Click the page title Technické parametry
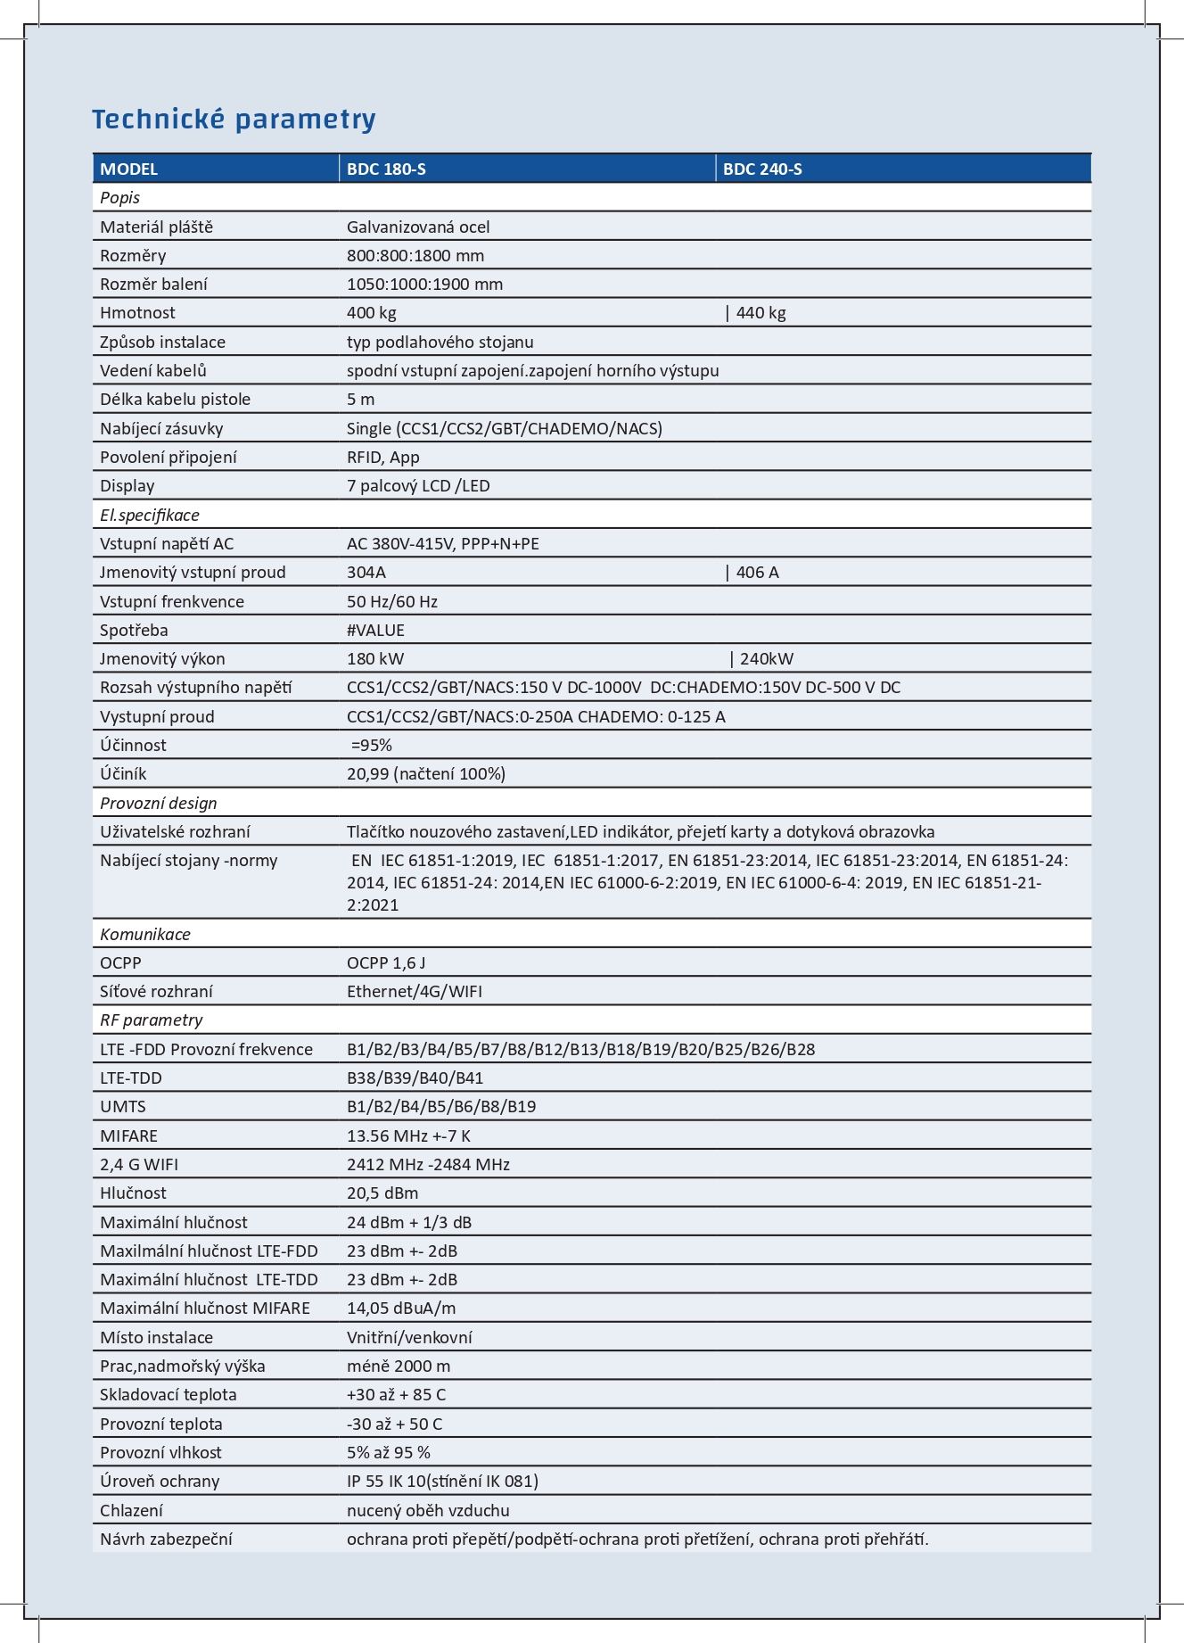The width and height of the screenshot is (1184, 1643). pos(234,119)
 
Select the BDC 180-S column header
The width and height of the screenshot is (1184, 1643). pos(386,169)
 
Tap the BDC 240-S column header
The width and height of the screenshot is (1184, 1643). pos(762,169)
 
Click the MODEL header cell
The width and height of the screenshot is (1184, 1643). pos(128,169)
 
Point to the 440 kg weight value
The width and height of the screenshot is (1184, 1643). pos(761,313)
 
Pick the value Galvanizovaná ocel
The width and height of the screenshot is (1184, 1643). pos(418,227)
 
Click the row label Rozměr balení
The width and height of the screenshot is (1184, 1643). pos(153,285)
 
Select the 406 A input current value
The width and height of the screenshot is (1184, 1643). pos(757,573)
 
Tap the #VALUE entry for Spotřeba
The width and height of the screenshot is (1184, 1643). pos(375,630)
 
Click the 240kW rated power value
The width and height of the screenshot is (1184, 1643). pos(766,659)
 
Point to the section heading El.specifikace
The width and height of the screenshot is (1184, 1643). pos(150,515)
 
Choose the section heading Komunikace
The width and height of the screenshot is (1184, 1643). pos(145,934)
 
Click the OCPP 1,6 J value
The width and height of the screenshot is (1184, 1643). pos(386,962)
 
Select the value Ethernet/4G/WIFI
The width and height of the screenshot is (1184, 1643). pos(415,991)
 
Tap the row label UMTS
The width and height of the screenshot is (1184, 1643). pos(123,1107)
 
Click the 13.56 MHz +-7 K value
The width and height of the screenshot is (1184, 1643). pos(408,1135)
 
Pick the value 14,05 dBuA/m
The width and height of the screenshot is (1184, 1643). pos(401,1309)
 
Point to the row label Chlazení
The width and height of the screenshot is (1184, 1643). pos(131,1510)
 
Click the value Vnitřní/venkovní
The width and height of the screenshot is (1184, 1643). pos(409,1337)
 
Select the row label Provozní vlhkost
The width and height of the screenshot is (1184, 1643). pos(160,1452)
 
